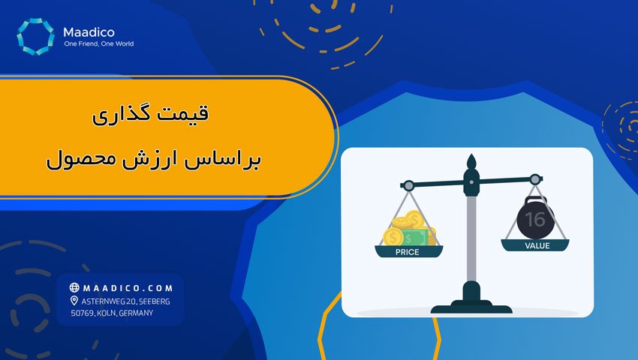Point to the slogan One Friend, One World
point(99,43)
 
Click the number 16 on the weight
point(535,219)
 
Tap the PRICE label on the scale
point(408,252)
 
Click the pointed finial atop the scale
point(471,163)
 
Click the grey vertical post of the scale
point(471,240)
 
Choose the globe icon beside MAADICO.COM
point(74,287)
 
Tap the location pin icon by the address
point(74,301)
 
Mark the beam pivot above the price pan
point(408,184)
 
